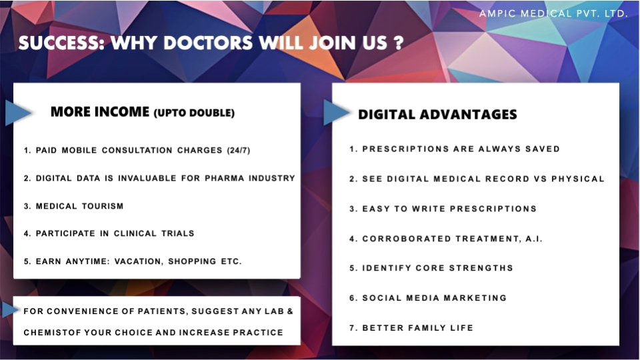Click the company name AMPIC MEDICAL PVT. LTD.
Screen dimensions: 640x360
(553, 13)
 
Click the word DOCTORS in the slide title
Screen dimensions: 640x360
(208, 43)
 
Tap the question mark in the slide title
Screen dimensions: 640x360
(399, 43)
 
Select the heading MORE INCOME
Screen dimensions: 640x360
(100, 112)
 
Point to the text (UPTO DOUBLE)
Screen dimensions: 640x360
(194, 113)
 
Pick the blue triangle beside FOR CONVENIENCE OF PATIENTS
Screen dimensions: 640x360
(10, 310)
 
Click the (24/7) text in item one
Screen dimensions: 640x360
(239, 150)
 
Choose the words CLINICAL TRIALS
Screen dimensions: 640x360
(154, 233)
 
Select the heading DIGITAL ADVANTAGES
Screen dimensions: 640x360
(437, 115)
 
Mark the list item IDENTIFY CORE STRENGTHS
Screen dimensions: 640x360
(431, 268)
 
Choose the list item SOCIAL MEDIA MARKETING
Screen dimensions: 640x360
(428, 298)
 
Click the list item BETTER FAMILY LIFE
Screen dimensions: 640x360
(411, 328)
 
